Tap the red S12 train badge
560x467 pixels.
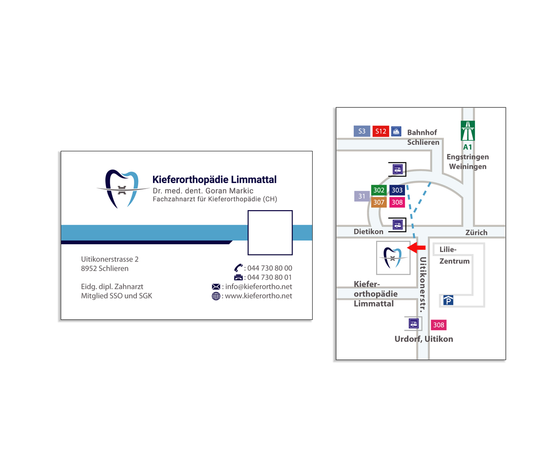pyautogui.click(x=381, y=131)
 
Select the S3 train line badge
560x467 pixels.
pyautogui.click(x=362, y=131)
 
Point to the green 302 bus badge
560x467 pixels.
pyautogui.click(x=379, y=190)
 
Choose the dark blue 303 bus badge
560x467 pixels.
pyautogui.click(x=397, y=190)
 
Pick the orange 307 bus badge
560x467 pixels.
pyautogui.click(x=379, y=202)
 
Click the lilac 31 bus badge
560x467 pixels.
pyautogui.click(x=362, y=196)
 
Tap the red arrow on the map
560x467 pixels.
pyautogui.click(x=417, y=247)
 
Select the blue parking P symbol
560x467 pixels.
pyautogui.click(x=448, y=300)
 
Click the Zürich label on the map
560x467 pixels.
pyautogui.click(x=476, y=232)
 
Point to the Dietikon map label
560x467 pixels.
pyautogui.click(x=368, y=231)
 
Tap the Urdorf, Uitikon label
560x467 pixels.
pyautogui.click(x=424, y=339)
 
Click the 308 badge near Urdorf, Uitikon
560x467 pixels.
pyautogui.click(x=439, y=325)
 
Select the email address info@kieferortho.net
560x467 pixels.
pyautogui.click(x=259, y=286)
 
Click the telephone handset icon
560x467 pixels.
pyautogui.click(x=238, y=268)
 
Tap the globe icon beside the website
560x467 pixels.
pyautogui.click(x=216, y=296)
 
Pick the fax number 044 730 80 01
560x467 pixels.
pyautogui.click(x=270, y=277)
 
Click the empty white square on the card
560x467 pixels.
pyautogui.click(x=270, y=233)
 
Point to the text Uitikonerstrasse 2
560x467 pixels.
pyautogui.click(x=110, y=259)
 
